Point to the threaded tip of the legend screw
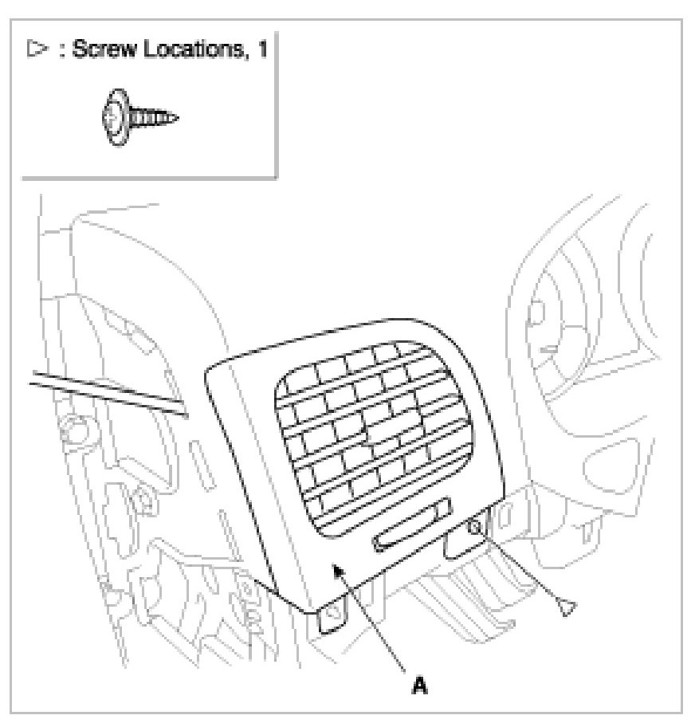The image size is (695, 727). (170, 118)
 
